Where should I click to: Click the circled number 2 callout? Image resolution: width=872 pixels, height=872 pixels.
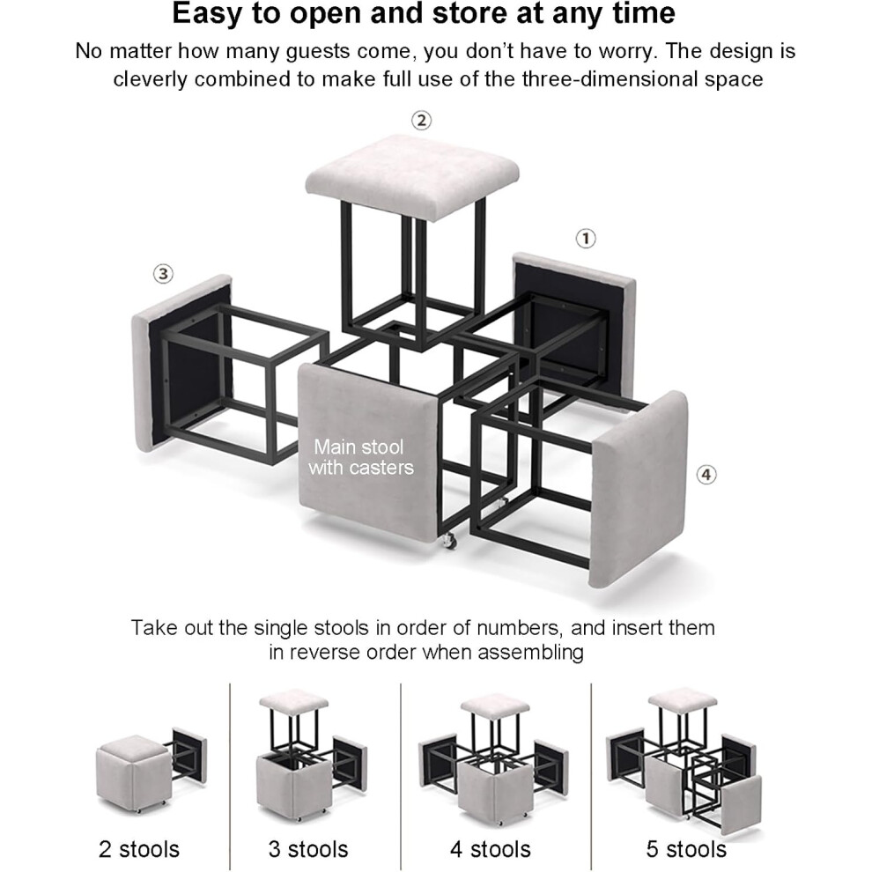point(421,120)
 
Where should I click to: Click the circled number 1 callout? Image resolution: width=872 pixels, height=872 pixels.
point(585,239)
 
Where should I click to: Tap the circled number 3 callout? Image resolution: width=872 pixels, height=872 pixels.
point(163,274)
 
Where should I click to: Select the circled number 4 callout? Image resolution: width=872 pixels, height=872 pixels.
point(706,475)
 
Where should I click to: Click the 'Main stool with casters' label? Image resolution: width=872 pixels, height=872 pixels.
point(361,457)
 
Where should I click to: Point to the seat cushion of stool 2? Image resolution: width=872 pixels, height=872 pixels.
point(412,177)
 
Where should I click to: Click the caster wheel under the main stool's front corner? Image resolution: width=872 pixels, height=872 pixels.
point(449,541)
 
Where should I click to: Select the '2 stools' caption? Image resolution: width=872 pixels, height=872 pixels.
point(139,849)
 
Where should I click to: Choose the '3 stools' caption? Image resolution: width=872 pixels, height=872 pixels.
point(308,849)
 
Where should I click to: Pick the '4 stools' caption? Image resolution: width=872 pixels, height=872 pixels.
point(491,849)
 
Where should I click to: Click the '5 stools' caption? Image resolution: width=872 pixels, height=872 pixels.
point(686,849)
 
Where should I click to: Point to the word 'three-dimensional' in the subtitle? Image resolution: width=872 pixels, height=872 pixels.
point(610,79)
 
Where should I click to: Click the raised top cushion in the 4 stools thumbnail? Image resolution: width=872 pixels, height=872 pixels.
point(494,705)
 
